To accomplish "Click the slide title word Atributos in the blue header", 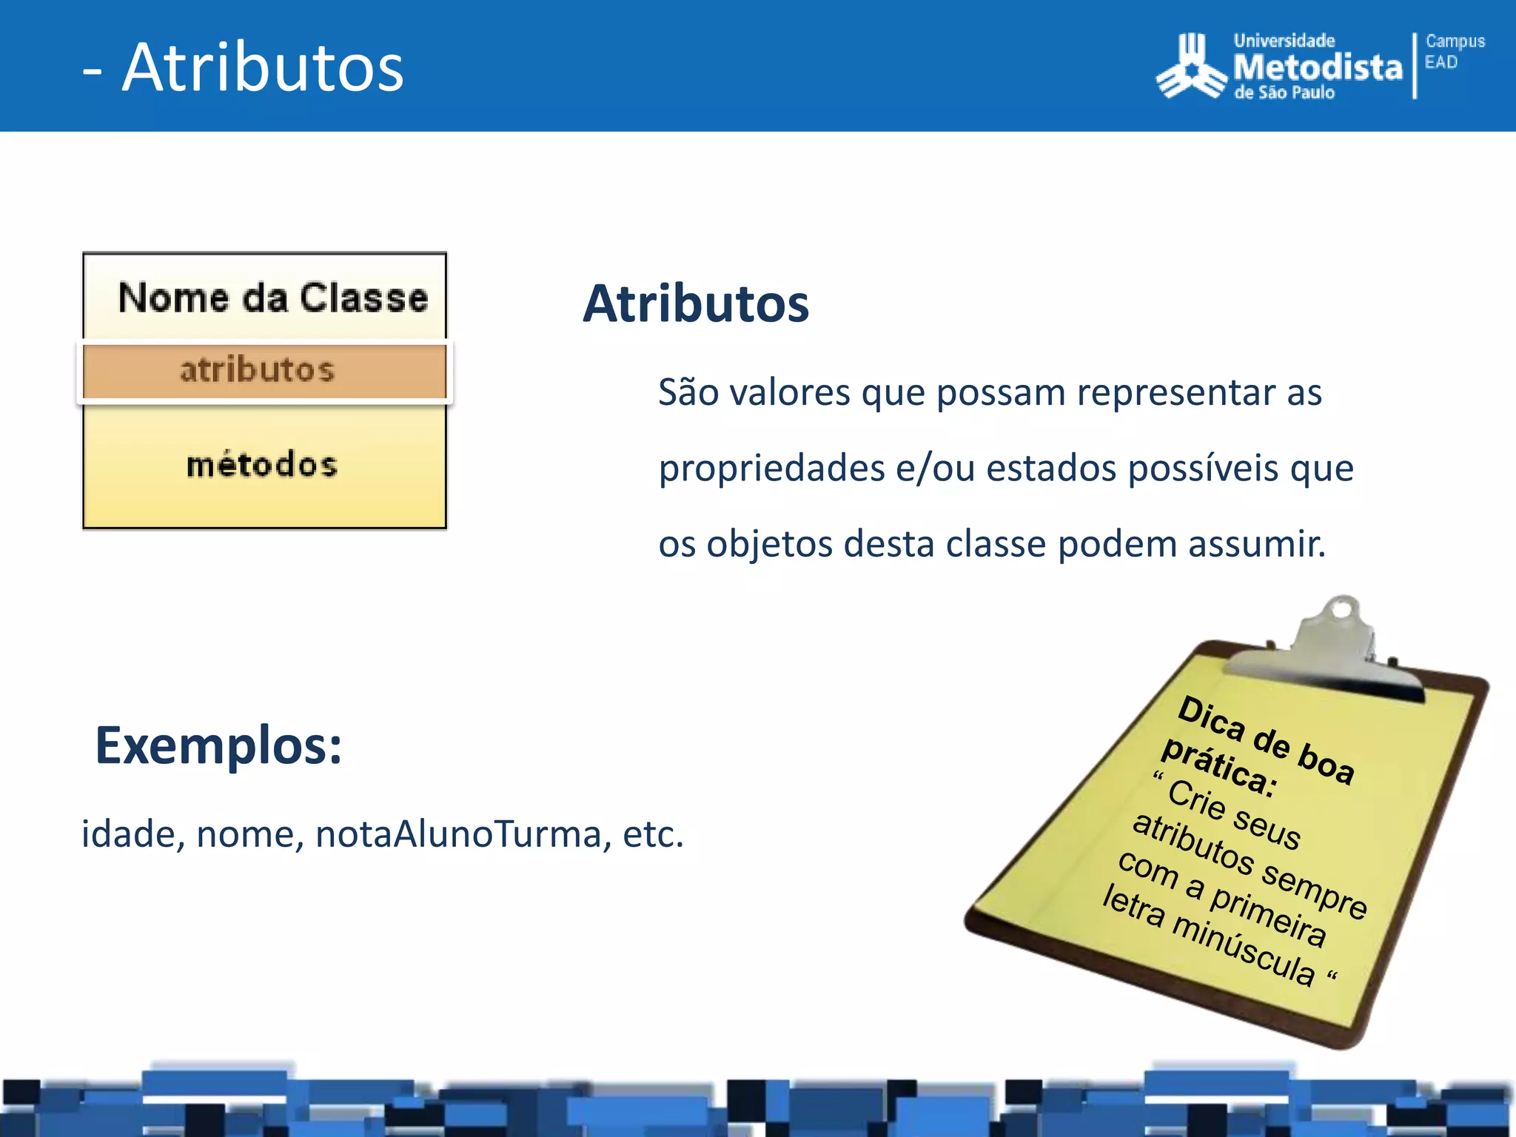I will coord(263,68).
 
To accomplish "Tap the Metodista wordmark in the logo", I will coord(1318,67).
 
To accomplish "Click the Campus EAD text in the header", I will coord(1454,51).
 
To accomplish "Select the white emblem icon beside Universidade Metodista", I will coord(1191,67).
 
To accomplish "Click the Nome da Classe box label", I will coord(273,298).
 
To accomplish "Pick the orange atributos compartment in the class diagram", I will coord(264,370).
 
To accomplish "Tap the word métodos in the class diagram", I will coord(262,465).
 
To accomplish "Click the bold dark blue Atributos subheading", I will coord(696,304).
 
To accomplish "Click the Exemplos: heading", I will coord(219,745).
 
